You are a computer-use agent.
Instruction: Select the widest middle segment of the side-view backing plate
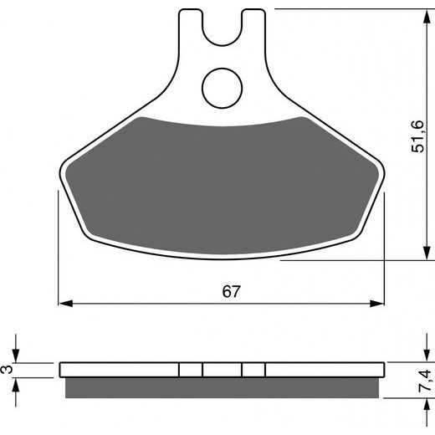(223, 370)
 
